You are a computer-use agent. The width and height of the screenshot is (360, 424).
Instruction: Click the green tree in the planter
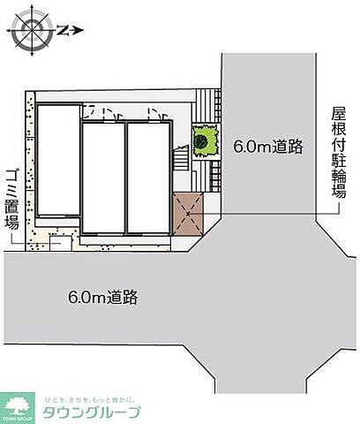pos(206,140)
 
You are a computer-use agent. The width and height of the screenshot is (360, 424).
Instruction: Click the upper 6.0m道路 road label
pos(267,146)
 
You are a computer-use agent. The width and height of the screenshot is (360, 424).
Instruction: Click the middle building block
pos(102,177)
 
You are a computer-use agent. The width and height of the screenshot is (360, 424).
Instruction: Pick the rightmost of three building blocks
pos(147,177)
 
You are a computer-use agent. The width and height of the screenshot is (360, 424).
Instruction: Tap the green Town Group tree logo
pos(18,407)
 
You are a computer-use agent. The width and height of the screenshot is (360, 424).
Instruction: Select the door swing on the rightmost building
pos(155,113)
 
